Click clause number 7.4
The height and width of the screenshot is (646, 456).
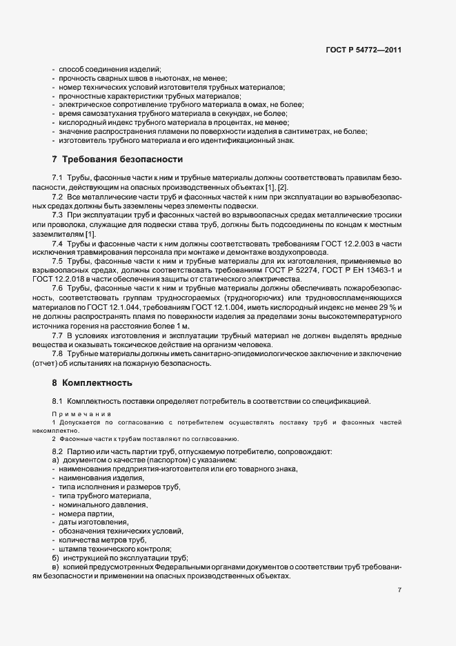[x=58, y=244]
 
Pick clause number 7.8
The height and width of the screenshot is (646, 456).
[x=58, y=354]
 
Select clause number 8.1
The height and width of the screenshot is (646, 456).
[x=58, y=401]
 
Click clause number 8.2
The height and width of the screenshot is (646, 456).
[x=58, y=451]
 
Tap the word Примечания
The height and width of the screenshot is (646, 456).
[x=81, y=413]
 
